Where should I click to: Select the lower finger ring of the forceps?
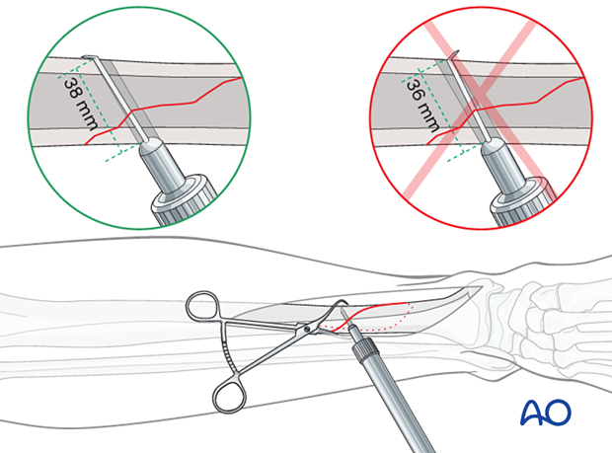click(230, 395)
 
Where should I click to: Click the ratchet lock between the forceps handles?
click(229, 347)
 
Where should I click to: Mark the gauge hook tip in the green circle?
click(90, 58)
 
